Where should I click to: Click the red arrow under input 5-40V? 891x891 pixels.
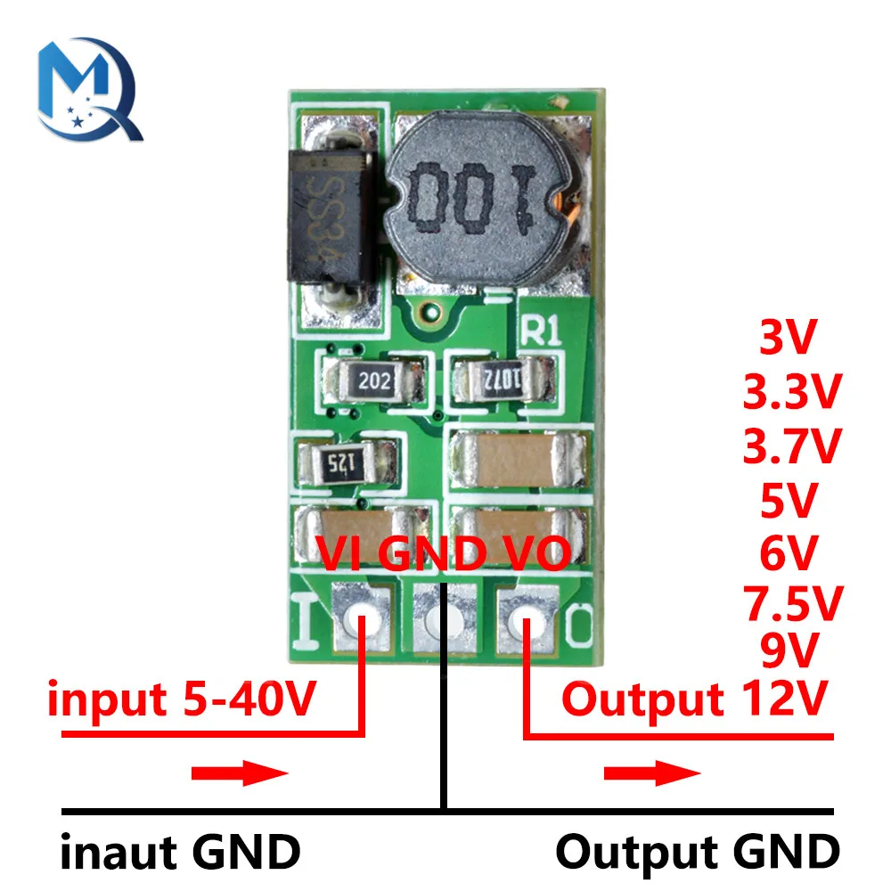coord(240,772)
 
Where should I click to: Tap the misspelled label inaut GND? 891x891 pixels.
coord(180,852)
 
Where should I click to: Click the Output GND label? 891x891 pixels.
coord(697,852)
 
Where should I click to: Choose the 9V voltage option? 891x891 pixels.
coord(789,650)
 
